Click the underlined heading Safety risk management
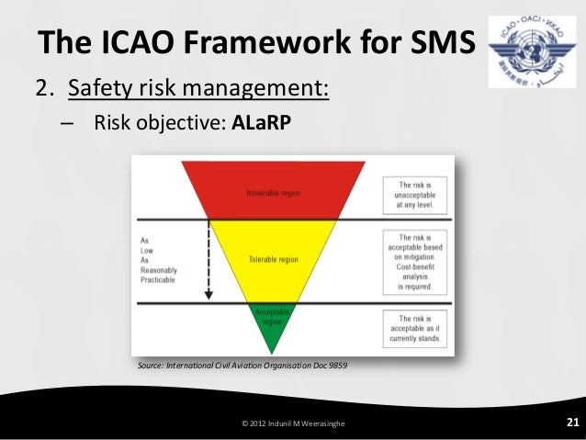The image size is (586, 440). click(193, 90)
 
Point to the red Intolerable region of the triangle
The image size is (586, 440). click(273, 192)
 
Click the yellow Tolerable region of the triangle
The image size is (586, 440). click(273, 259)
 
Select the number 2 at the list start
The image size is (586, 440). click(41, 90)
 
